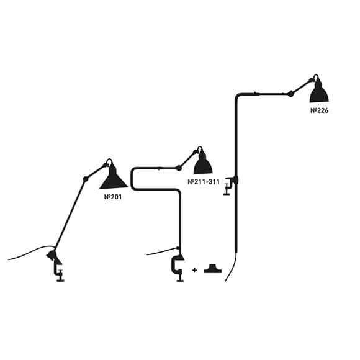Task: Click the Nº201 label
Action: pos(113,197)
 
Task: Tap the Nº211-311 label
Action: pos(204,182)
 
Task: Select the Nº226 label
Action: pos(319,110)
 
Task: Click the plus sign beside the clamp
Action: pos(194,270)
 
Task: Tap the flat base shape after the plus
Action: pos(213,269)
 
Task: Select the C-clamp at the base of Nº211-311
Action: pos(178,268)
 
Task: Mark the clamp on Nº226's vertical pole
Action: pos(230,185)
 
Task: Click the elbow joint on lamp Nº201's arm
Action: pos(86,179)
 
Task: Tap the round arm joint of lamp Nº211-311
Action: pos(179,168)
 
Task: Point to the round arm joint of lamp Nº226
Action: pos(290,94)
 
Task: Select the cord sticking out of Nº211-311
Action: pos(163,251)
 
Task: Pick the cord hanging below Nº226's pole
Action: pos(231,268)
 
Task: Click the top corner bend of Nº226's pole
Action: pos(238,96)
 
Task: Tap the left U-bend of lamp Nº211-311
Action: pos(133,179)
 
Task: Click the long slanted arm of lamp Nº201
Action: pos(70,214)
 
